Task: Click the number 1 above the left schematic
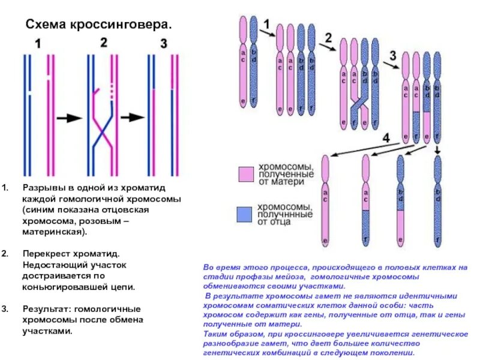[x=37, y=44]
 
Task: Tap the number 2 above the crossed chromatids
[x=103, y=43]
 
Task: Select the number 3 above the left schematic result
[x=164, y=44]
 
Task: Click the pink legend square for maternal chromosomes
[x=246, y=174]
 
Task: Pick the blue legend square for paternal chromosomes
[x=246, y=214]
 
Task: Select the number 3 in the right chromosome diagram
[x=392, y=55]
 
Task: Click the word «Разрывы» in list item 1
[x=42, y=187]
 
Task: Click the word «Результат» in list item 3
[x=46, y=309]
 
